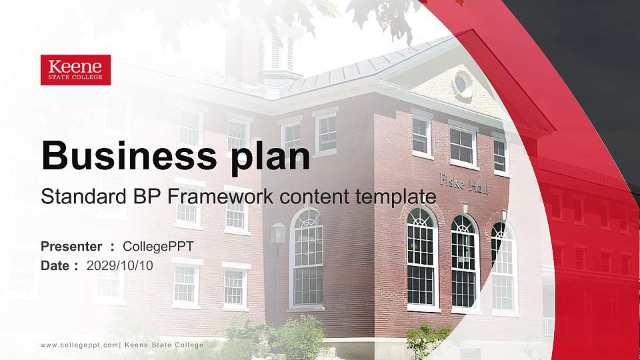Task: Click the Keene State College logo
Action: [x=75, y=70]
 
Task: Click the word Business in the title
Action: [x=123, y=156]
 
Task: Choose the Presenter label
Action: [x=71, y=247]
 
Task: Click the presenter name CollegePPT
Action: [x=158, y=247]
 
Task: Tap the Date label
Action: [x=55, y=265]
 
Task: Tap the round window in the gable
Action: [x=460, y=83]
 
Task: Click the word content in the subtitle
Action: [x=315, y=197]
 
